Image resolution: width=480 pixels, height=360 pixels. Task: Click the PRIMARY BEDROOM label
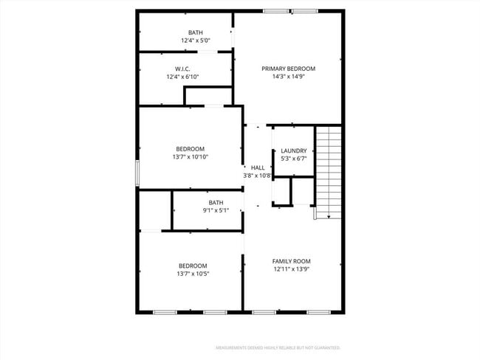click(288, 69)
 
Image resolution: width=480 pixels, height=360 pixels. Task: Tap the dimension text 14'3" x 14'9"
click(288, 76)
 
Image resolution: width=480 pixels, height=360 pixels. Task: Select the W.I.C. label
click(183, 69)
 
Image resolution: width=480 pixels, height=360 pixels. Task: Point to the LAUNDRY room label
click(293, 151)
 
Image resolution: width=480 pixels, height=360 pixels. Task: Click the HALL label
click(257, 168)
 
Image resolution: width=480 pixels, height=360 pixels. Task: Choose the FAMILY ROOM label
click(291, 261)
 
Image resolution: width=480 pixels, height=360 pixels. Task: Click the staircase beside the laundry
click(329, 170)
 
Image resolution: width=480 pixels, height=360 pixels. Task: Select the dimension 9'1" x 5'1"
click(216, 210)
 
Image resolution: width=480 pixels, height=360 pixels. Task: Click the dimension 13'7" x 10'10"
click(190, 156)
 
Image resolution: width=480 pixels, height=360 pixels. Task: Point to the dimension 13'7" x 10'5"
click(193, 274)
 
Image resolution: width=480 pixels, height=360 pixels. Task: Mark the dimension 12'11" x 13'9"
click(291, 269)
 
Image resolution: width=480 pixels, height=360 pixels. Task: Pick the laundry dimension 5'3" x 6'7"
click(293, 159)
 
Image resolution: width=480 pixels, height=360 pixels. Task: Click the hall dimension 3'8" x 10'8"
click(257, 176)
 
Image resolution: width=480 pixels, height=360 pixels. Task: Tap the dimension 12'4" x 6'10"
click(182, 76)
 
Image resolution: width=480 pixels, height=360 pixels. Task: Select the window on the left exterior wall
click(137, 173)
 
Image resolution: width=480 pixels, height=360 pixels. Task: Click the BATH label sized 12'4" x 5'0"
click(195, 32)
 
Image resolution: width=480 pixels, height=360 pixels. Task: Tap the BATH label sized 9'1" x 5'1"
click(216, 202)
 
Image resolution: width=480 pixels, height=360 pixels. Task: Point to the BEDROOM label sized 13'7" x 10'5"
click(193, 266)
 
